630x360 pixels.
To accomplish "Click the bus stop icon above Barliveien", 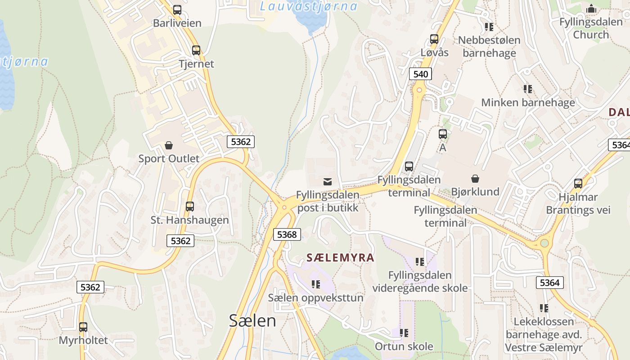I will (177, 10).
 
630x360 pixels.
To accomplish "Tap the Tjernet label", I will (196, 63).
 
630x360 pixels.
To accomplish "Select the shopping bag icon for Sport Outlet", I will (169, 145).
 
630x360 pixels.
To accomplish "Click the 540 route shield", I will (420, 74).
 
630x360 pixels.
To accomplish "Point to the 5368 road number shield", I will (287, 234).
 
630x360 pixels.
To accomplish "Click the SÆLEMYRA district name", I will (340, 257).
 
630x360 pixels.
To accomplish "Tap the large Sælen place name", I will (252, 320).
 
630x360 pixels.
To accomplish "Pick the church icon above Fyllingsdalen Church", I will (591, 9).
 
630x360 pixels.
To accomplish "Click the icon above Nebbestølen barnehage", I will (489, 27).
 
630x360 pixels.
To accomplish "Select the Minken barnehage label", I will (528, 103).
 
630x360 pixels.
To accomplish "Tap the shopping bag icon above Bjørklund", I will (475, 179).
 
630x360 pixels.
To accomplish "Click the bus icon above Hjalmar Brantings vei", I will (578, 184).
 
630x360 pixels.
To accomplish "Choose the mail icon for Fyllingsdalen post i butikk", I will (328, 182).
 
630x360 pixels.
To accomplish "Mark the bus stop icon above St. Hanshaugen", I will (190, 207).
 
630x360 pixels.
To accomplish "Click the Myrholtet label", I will (84, 340).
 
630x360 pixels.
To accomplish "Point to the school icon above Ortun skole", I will (404, 333).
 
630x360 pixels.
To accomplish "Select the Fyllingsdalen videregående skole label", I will (420, 282).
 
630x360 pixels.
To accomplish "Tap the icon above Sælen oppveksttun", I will (316, 284).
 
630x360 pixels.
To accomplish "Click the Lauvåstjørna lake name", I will (309, 6).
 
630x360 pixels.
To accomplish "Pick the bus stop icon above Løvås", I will (434, 39).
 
